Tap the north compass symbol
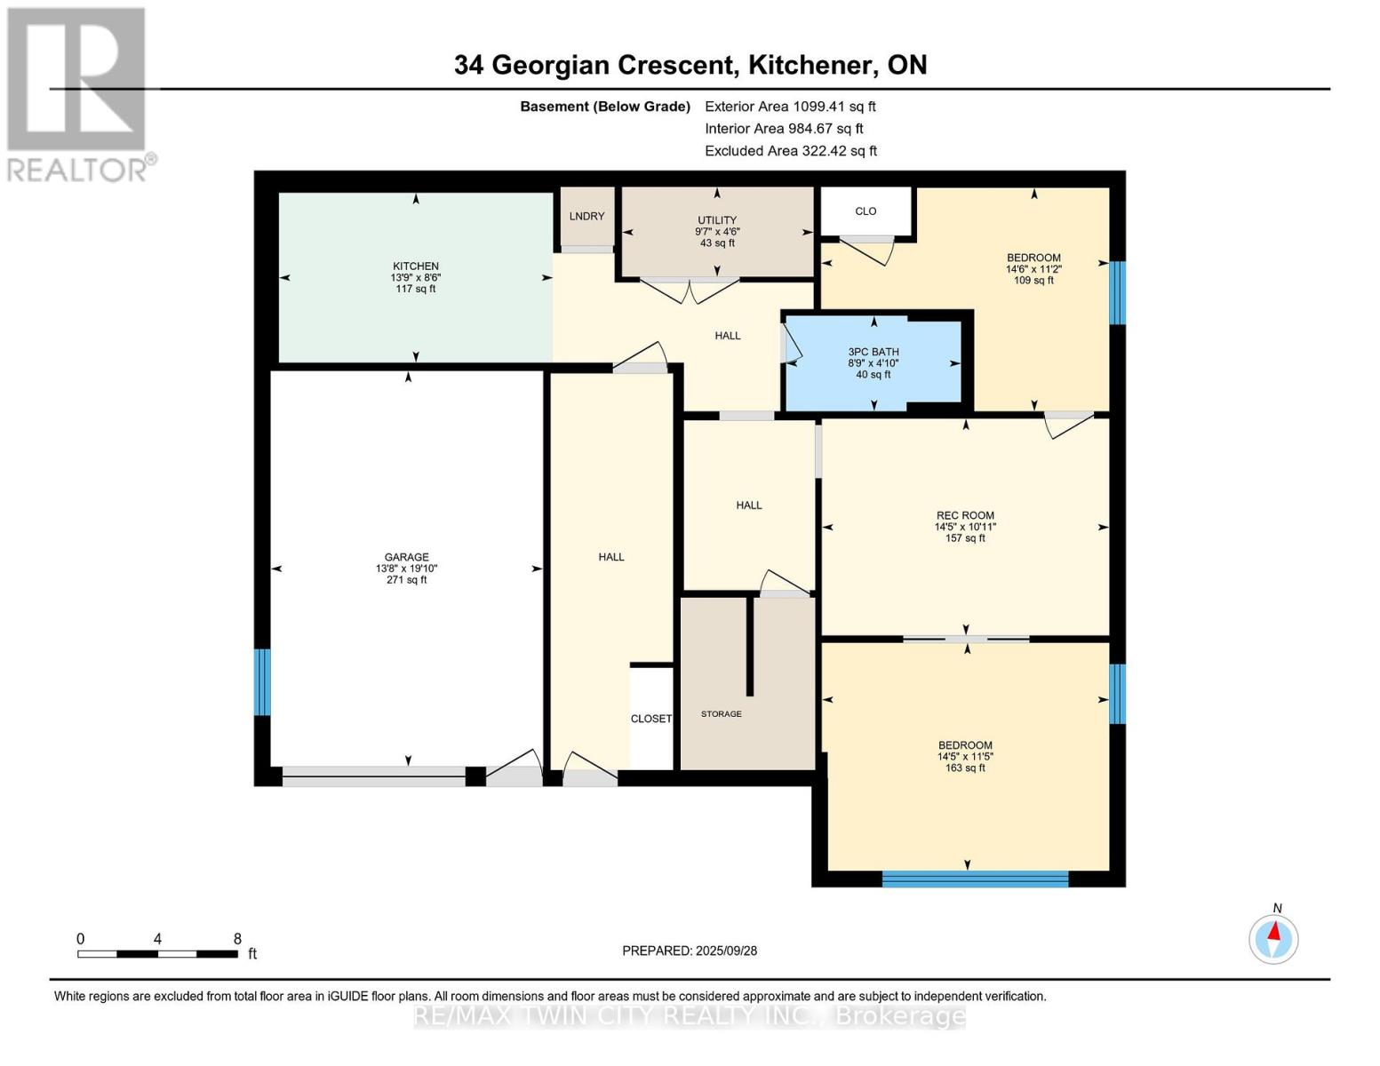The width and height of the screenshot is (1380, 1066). [x=1273, y=939]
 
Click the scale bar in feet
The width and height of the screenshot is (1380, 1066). [x=157, y=953]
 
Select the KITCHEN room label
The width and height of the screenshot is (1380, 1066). [x=415, y=266]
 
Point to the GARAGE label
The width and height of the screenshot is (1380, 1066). [x=406, y=557]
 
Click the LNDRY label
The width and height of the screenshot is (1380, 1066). [x=586, y=216]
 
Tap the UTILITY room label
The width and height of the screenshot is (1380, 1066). [x=717, y=220]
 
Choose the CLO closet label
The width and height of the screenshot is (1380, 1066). [x=865, y=211]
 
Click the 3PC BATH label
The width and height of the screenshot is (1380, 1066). [x=873, y=352]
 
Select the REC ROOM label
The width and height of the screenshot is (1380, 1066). [x=965, y=515]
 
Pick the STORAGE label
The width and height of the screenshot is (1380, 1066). [x=722, y=713]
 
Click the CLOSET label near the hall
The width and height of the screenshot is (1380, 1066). [x=651, y=718]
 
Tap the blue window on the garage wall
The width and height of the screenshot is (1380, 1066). [x=262, y=682]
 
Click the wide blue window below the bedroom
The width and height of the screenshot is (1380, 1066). [x=976, y=879]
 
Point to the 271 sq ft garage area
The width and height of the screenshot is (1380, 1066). [x=406, y=580]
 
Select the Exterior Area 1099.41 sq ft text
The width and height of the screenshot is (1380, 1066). [x=790, y=107]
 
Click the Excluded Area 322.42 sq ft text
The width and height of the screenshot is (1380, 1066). [x=791, y=151]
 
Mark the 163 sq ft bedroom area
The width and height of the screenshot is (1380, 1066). [x=965, y=768]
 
